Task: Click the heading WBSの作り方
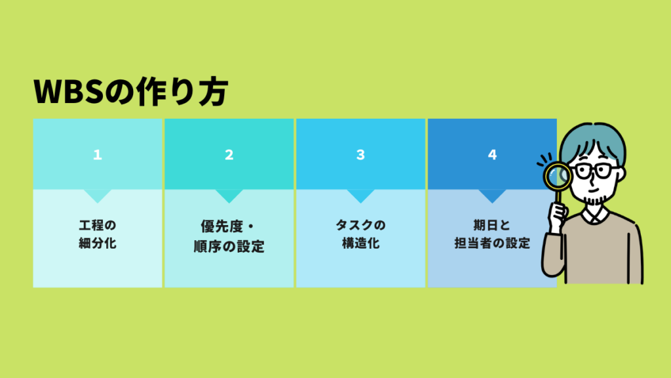point(130,93)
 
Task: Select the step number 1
point(98,155)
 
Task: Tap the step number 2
point(229,155)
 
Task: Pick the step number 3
point(360,155)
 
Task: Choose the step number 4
point(492,155)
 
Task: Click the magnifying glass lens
point(556,175)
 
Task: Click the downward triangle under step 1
point(98,195)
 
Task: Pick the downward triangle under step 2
point(229,195)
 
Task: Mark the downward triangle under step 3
point(360,195)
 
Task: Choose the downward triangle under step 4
point(492,195)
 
